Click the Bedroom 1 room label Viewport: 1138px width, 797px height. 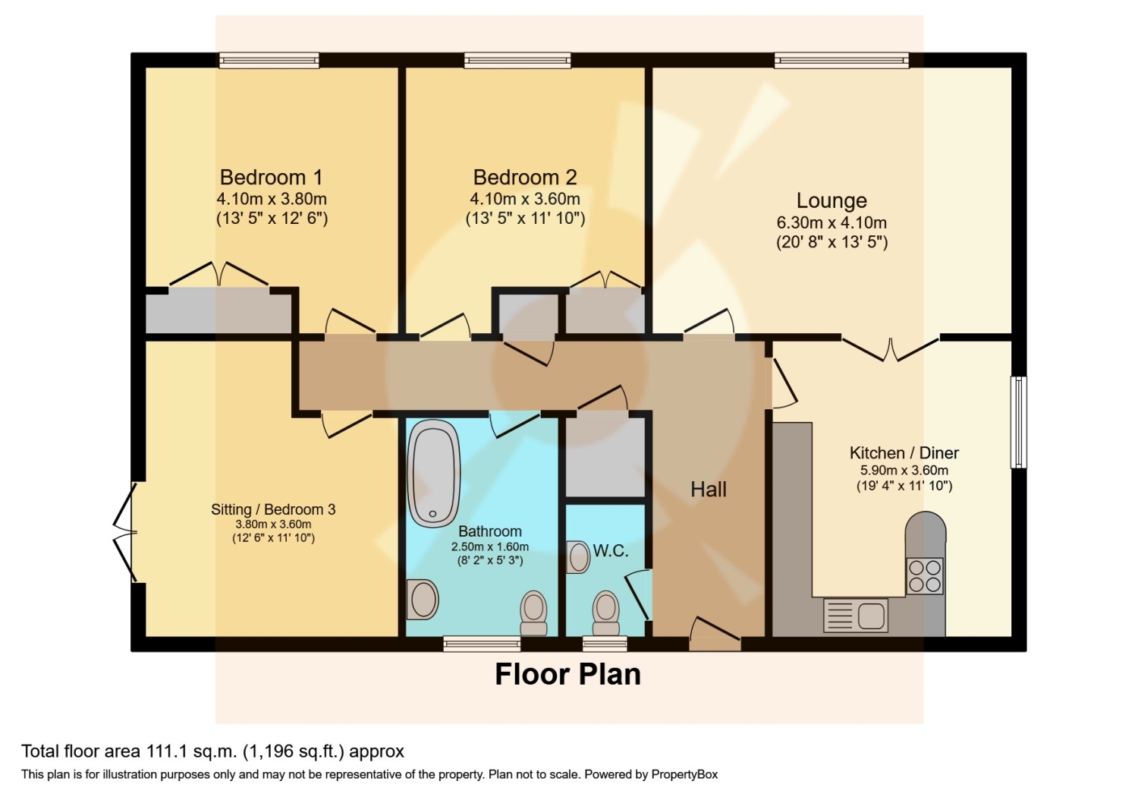point(271,178)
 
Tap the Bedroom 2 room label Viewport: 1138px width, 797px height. point(525,178)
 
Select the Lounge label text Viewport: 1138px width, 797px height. point(831,201)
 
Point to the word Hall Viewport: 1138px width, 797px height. point(708,490)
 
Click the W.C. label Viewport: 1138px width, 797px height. point(611,550)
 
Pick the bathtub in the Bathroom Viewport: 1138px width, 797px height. point(433,473)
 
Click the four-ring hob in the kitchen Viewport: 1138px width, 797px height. point(925,576)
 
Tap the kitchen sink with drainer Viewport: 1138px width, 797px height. point(856,615)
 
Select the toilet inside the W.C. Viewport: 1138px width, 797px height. point(605,613)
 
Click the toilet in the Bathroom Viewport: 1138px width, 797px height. point(533,613)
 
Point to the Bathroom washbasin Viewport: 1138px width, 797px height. point(423,600)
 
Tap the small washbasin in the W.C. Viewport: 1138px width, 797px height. point(578,557)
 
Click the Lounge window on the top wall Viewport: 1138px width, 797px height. point(841,61)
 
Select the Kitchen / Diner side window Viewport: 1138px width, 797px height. point(1018,422)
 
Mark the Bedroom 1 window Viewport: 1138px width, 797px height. point(269,61)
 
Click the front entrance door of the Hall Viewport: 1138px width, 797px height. point(715,635)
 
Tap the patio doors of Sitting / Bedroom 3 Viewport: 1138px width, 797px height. point(125,532)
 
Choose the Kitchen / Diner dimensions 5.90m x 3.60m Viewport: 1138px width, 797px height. point(904,470)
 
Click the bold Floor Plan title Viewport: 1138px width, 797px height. point(568,675)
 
